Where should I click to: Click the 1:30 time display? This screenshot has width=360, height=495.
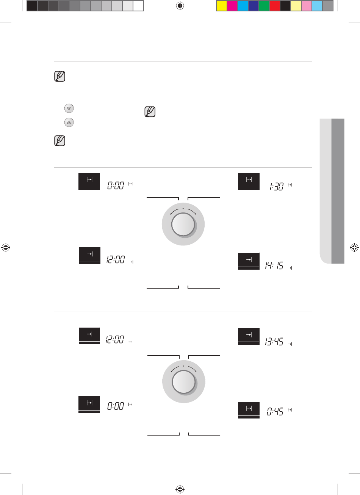click(276, 186)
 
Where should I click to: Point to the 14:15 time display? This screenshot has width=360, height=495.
click(274, 265)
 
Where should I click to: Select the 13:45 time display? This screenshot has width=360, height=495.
click(274, 342)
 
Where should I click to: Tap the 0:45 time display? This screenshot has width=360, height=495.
click(275, 411)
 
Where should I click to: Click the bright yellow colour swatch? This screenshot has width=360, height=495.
click(222, 6)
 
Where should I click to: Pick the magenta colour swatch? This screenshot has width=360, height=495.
click(232, 6)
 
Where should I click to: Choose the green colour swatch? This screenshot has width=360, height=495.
click(264, 6)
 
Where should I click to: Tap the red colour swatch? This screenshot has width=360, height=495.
click(275, 6)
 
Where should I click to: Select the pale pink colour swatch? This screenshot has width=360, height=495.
click(307, 6)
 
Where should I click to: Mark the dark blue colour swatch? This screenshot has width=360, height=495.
click(254, 6)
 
